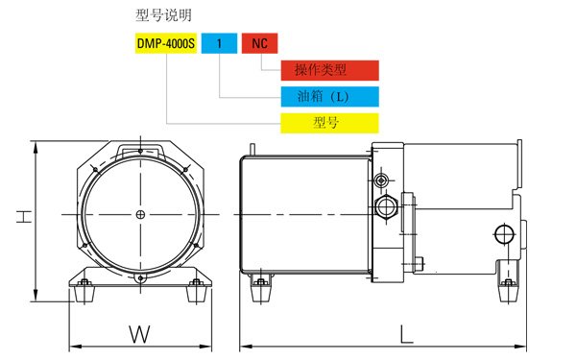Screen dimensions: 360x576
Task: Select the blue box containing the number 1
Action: coord(221,43)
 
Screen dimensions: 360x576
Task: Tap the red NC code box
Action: coord(260,43)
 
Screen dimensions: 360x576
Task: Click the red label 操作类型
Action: coord(330,70)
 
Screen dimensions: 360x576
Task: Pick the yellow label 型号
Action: coord(330,123)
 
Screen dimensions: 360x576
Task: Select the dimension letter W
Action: coord(140,334)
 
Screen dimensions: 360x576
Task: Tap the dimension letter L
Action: coord(405,334)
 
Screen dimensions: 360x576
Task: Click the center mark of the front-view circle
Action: coord(141,213)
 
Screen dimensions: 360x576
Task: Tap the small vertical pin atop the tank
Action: coord(252,150)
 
